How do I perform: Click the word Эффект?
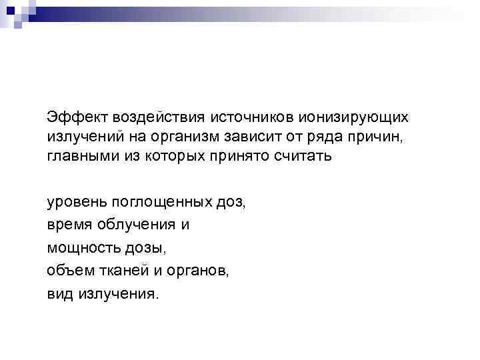point(69,117)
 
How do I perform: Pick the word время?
point(68,225)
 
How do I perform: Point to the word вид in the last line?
point(59,293)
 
